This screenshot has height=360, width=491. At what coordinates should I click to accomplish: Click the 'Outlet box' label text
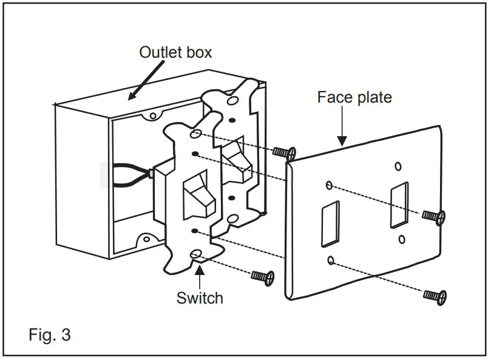(x=176, y=52)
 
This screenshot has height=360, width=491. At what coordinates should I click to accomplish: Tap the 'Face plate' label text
(x=355, y=97)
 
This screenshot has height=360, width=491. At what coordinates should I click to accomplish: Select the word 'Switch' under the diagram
(x=200, y=298)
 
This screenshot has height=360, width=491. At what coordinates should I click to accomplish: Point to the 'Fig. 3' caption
(x=50, y=335)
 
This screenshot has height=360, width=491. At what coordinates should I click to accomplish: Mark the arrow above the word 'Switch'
(x=199, y=276)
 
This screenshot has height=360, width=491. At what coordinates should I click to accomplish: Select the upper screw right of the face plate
(x=433, y=215)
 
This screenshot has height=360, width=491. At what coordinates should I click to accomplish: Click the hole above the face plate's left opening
(x=328, y=185)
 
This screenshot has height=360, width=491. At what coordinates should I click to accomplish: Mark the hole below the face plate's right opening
(x=401, y=239)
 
